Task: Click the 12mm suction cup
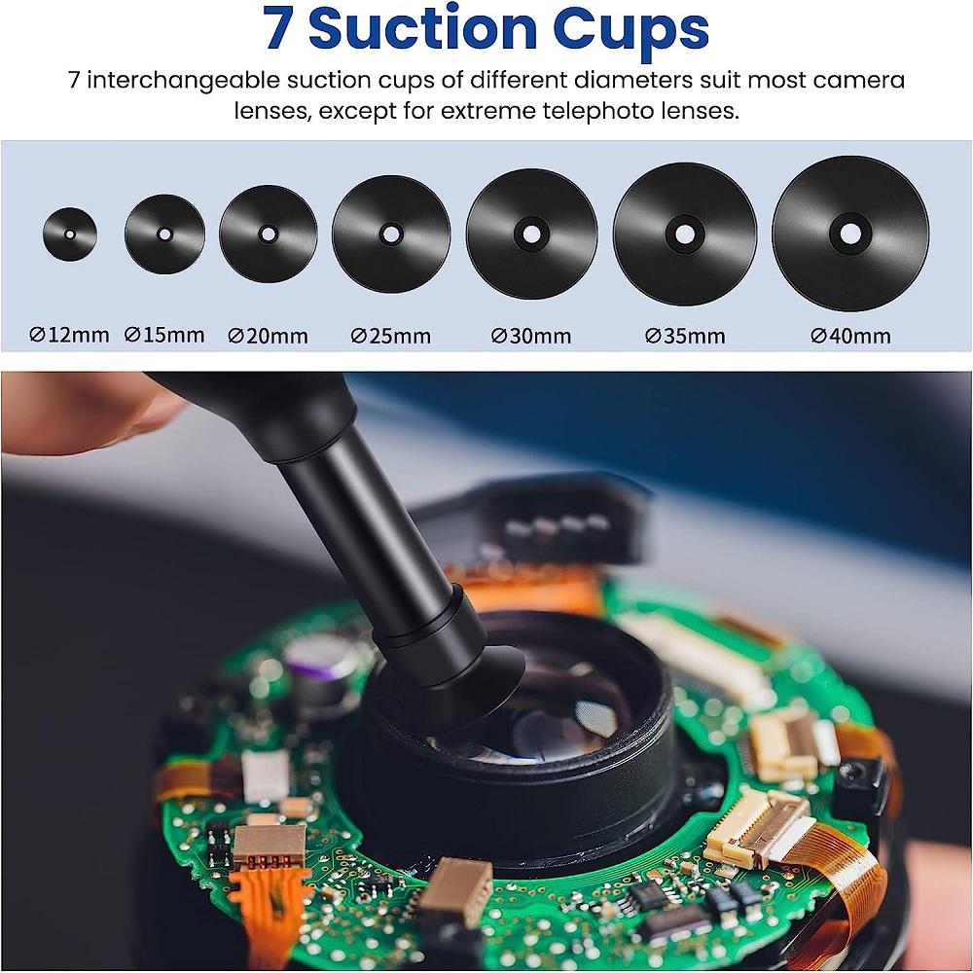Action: click(70, 234)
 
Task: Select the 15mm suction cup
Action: click(164, 234)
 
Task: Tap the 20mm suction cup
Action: click(268, 234)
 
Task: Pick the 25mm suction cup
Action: click(390, 234)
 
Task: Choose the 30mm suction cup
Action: click(531, 234)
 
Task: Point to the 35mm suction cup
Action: click(684, 234)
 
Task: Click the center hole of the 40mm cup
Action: click(850, 234)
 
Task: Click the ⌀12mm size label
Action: click(69, 336)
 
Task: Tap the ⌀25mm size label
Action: click(390, 337)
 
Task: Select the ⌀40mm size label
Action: click(850, 337)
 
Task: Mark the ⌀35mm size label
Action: click(685, 337)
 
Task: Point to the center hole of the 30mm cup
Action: click(531, 234)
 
